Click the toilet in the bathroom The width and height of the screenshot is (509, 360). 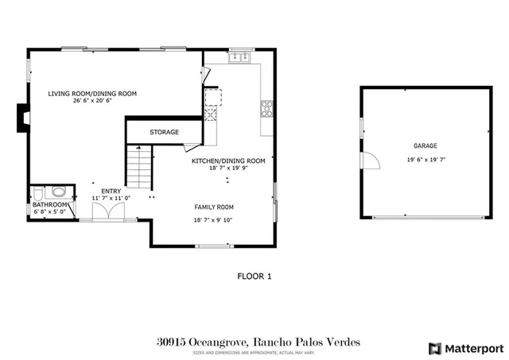coord(57,192)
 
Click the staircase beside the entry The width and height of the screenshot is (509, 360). coord(138,169)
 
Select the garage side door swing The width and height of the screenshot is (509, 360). coord(370,161)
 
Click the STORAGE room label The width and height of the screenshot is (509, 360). coord(165,132)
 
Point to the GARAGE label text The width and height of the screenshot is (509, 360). coord(425,146)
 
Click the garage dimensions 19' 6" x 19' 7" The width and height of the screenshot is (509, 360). coord(425,159)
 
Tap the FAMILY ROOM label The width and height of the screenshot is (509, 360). coord(214,207)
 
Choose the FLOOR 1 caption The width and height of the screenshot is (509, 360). coord(254,277)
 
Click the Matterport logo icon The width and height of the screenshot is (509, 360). coord(433,347)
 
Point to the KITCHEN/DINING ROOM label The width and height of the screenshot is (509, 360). coord(228,160)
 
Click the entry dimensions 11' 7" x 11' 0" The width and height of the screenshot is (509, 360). coord(111,197)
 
